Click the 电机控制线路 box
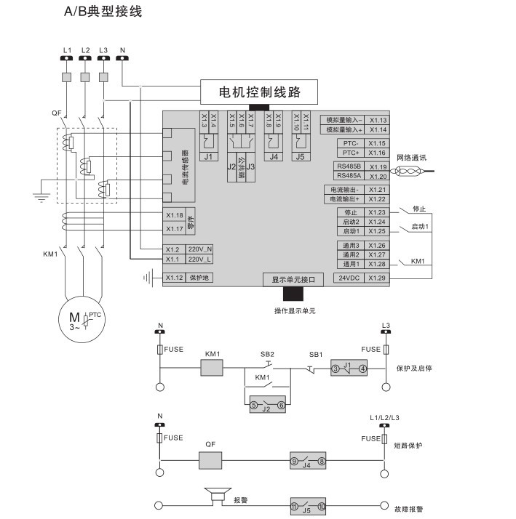(x=260, y=92)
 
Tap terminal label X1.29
(x=377, y=278)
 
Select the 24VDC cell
(x=348, y=278)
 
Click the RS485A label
(x=348, y=176)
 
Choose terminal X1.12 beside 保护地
(x=173, y=278)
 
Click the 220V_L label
(x=199, y=259)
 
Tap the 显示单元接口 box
(x=293, y=279)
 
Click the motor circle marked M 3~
(x=77, y=317)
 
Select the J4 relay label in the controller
(x=273, y=156)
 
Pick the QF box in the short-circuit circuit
(x=211, y=460)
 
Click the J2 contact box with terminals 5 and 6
(x=266, y=405)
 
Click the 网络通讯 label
(x=411, y=157)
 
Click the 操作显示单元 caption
(x=295, y=311)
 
